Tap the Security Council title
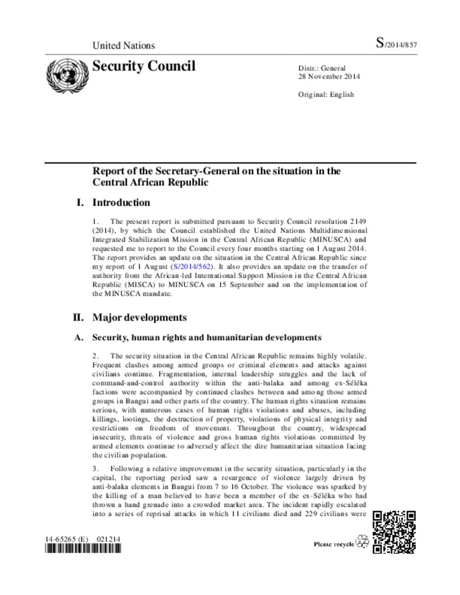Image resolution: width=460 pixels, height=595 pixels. click(x=144, y=66)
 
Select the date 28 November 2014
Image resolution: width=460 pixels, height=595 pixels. click(x=328, y=76)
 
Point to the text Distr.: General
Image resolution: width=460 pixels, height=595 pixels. click(x=322, y=68)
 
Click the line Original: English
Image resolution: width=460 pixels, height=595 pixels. click(x=326, y=94)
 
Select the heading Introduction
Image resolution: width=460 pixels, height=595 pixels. click(x=121, y=203)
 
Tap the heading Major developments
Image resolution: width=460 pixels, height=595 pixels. click(x=139, y=317)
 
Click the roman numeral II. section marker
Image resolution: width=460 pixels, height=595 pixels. click(x=78, y=317)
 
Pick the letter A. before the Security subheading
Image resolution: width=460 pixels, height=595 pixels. click(x=79, y=338)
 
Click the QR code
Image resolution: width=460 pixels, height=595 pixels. click(x=394, y=532)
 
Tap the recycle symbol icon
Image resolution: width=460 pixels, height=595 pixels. click(x=362, y=542)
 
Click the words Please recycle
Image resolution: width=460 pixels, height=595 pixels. click(x=334, y=544)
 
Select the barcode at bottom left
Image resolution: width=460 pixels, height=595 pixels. click(x=83, y=548)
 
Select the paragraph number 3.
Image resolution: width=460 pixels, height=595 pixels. click(x=95, y=469)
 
